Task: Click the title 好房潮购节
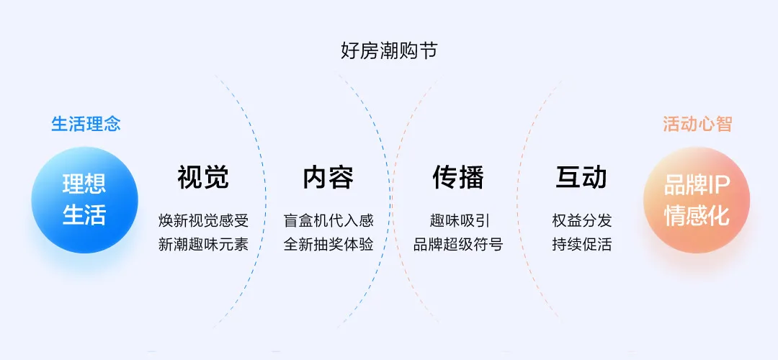[388, 51]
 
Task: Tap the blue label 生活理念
[86, 124]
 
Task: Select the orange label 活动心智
[697, 124]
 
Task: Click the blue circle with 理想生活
[84, 199]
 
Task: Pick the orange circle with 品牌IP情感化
[697, 199]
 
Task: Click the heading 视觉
[203, 177]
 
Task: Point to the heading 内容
[328, 177]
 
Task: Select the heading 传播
[458, 177]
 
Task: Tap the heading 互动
[581, 177]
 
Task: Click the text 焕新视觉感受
[203, 220]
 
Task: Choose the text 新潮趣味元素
[203, 244]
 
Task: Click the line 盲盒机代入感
[328, 220]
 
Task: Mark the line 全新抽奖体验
[328, 244]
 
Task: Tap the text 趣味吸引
[458, 220]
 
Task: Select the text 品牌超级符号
[458, 244]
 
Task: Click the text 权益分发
[581, 220]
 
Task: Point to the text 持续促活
[581, 244]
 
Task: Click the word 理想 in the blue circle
[84, 185]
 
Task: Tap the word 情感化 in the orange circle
[697, 215]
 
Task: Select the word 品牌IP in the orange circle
[697, 185]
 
